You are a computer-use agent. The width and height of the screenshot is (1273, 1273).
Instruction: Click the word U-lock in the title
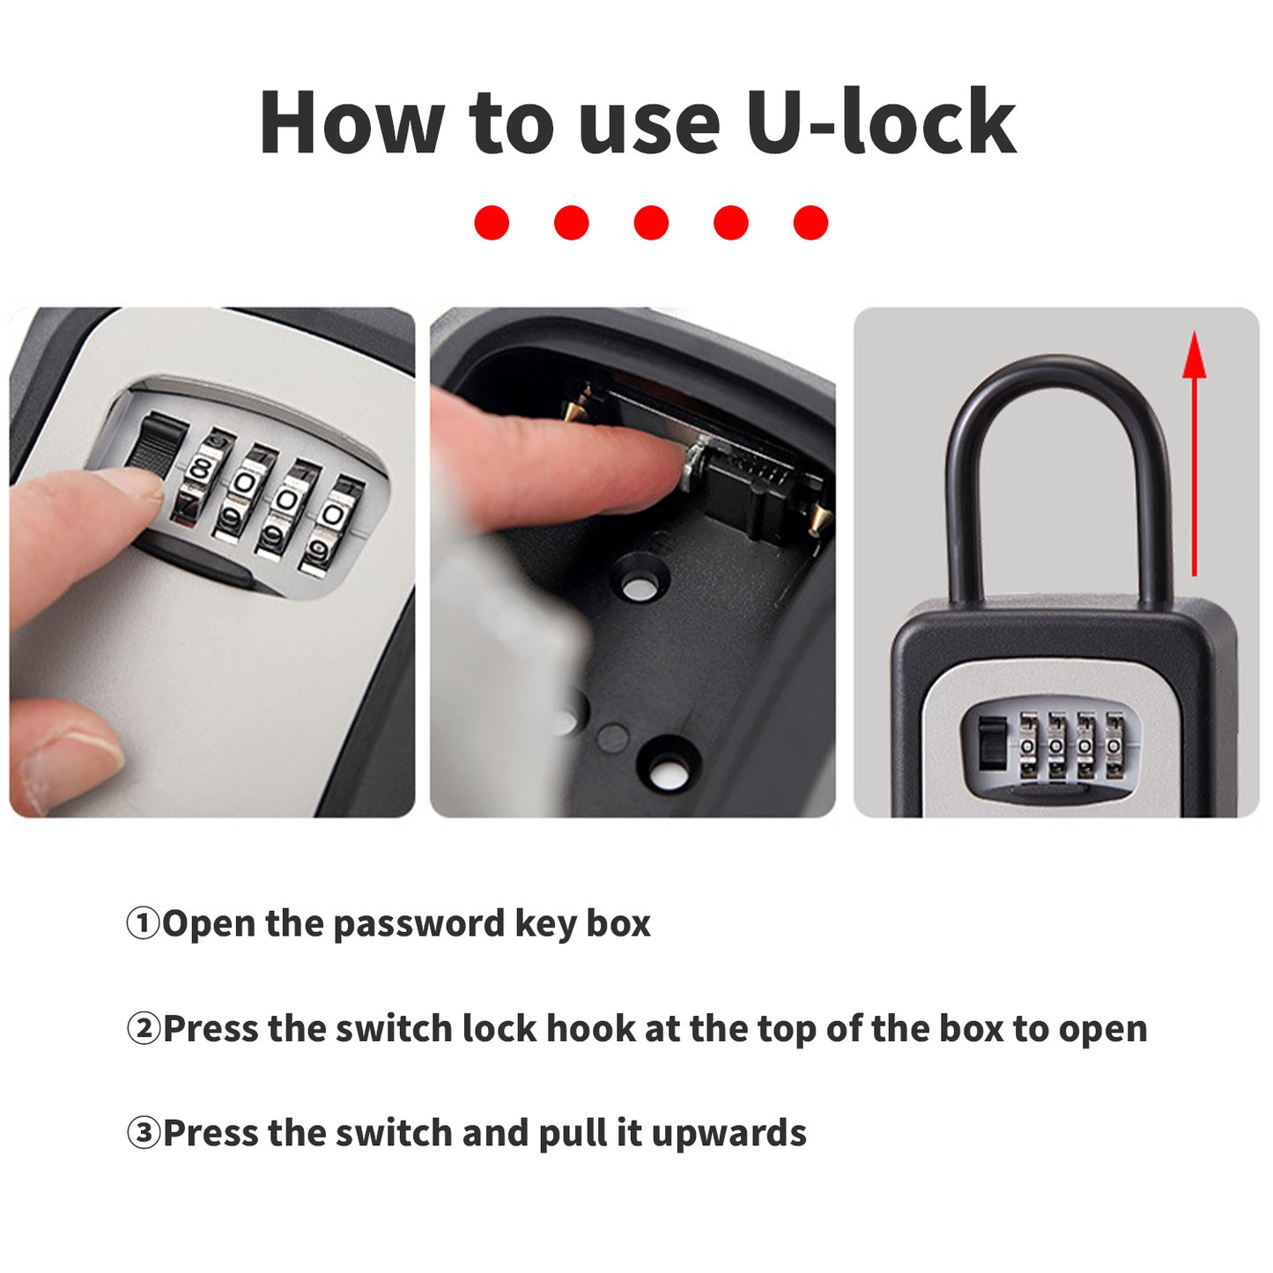tap(881, 122)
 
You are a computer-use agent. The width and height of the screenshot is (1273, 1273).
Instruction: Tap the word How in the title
tap(352, 122)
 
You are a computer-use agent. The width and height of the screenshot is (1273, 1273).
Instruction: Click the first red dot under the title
tap(492, 222)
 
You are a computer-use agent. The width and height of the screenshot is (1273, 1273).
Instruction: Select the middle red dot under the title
tap(651, 222)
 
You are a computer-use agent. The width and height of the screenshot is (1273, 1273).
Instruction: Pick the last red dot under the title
tap(810, 222)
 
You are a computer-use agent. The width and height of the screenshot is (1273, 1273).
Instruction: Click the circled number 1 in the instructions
tap(143, 924)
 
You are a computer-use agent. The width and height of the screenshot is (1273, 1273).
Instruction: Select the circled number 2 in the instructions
tap(143, 1029)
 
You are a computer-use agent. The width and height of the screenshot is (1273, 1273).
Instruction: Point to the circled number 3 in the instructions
tap(143, 1133)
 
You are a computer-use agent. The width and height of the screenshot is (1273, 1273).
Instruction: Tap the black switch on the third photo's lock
tap(992, 744)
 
